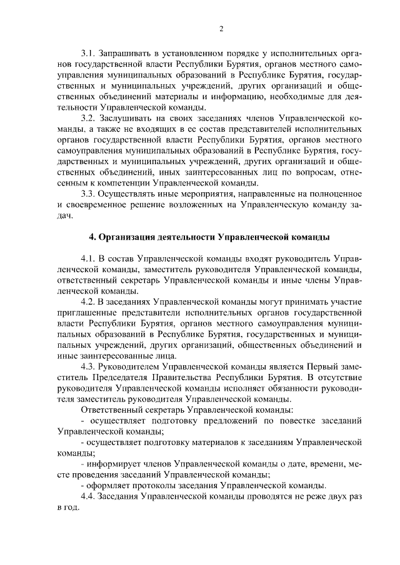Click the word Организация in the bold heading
point(129,238)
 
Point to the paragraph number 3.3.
point(90,194)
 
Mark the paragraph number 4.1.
point(90,258)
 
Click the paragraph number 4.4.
point(90,496)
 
